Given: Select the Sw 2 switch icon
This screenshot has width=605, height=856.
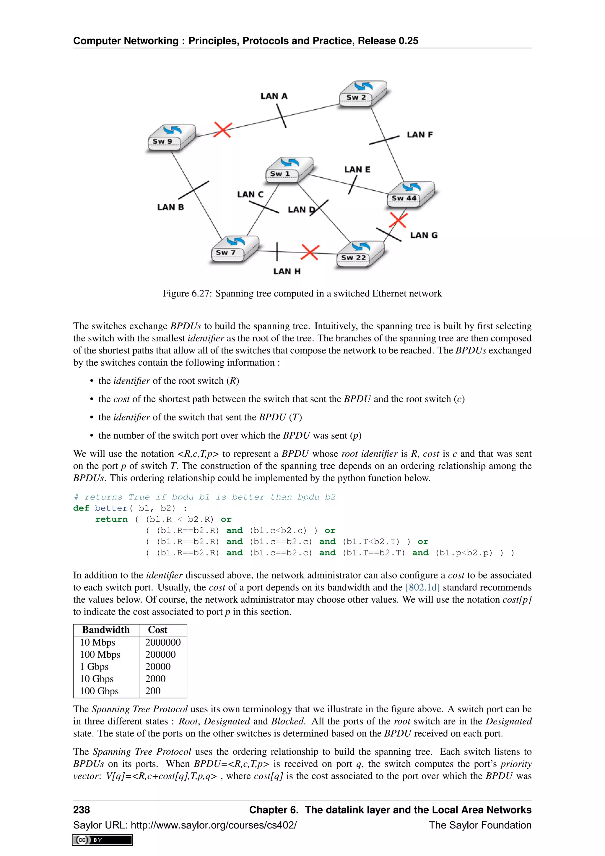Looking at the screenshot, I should (363, 94).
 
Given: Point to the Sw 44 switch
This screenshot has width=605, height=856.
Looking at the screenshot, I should (411, 194).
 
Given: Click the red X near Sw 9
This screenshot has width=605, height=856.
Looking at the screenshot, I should (223, 130).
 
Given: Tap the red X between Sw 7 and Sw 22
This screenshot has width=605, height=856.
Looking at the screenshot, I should (310, 252).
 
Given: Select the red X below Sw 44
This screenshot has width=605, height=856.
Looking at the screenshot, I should (398, 220).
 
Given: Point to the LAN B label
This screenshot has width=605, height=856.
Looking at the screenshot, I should (170, 207).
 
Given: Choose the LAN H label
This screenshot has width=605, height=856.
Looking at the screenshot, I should (287, 271).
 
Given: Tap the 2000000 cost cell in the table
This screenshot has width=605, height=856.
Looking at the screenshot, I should (163, 642).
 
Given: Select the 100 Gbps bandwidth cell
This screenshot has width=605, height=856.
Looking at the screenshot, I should (99, 691).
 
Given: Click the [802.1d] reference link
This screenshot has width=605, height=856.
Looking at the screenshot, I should (422, 588).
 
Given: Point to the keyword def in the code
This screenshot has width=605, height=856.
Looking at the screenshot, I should (81, 508).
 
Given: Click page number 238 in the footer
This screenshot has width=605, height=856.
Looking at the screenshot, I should (82, 810).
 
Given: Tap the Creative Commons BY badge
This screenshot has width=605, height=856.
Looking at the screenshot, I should (103, 840).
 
